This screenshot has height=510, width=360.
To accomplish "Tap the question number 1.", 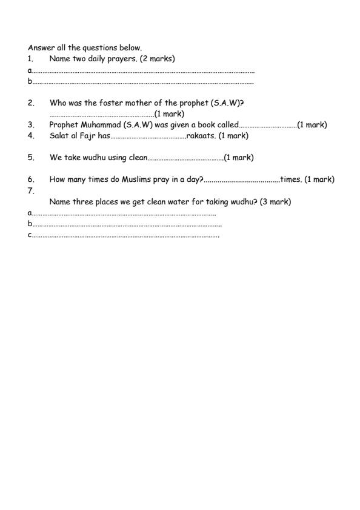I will (x=30, y=58).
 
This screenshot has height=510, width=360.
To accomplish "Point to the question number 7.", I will (x=30, y=190).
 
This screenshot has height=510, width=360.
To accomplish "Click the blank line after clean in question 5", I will (x=186, y=158).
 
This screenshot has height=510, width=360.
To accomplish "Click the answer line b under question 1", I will (x=143, y=82).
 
